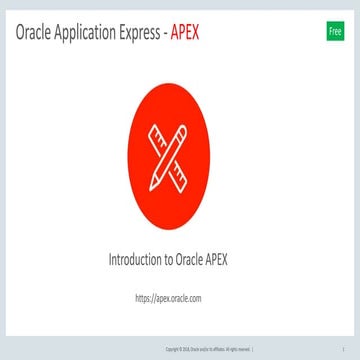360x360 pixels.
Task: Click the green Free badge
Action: point(335,32)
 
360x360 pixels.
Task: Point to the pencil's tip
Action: point(153,186)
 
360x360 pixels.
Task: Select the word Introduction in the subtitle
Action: point(140,259)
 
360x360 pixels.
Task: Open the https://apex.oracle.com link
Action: point(168,297)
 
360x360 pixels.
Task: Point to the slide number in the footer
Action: point(343,349)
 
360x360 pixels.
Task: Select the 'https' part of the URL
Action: point(143,297)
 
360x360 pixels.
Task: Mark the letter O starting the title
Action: point(21,33)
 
